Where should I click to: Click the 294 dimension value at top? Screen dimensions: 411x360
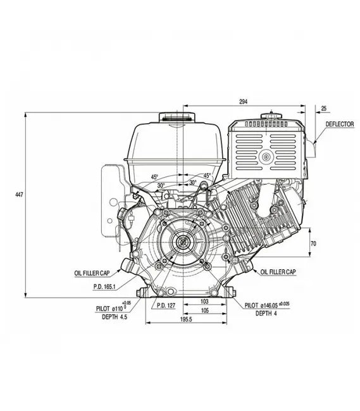(243, 101)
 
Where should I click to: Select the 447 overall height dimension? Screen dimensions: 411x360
(19, 195)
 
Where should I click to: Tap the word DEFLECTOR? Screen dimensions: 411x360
(339, 124)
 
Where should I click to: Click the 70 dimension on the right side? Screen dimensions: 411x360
(313, 243)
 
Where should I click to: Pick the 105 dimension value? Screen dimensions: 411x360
(204, 311)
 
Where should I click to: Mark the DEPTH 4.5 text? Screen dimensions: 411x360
(115, 317)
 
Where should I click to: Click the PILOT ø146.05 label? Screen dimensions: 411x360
(275, 304)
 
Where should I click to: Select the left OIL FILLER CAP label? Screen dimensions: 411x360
(93, 273)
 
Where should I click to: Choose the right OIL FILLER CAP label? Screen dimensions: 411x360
(278, 271)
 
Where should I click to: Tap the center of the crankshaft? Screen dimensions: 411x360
(183, 241)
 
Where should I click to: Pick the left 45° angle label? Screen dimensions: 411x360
(154, 177)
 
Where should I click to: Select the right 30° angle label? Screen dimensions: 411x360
(192, 183)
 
